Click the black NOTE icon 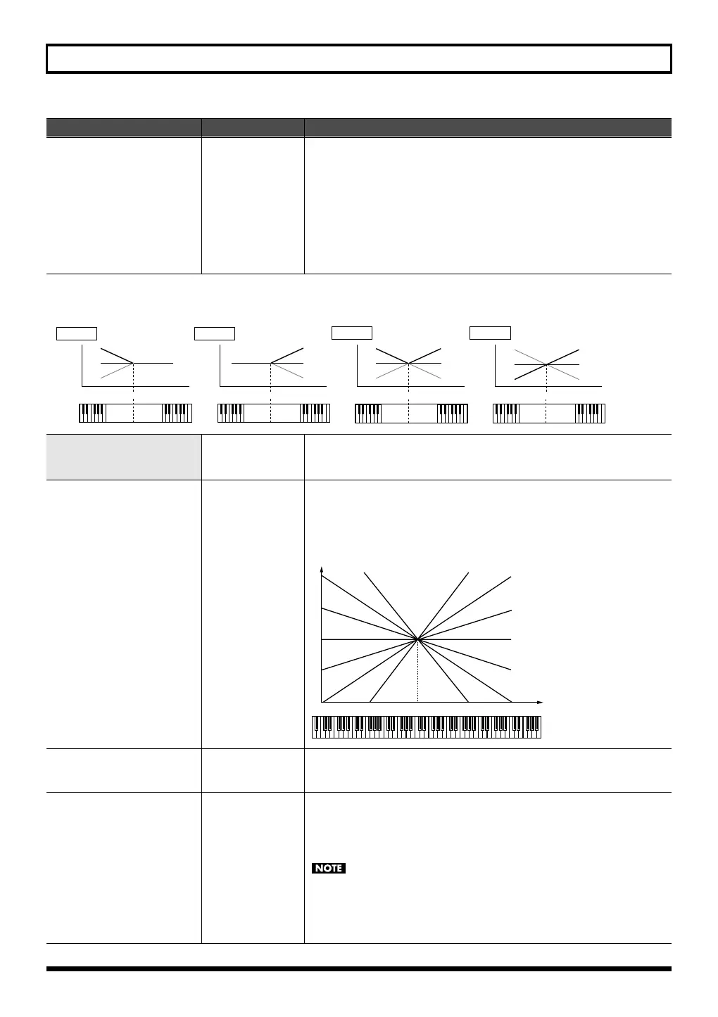(x=329, y=869)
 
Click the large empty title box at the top (x=359, y=59)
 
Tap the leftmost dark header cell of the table (x=123, y=127)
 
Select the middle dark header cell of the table (x=253, y=127)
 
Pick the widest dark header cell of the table (x=488, y=127)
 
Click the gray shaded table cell (x=123, y=457)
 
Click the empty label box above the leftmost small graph (x=77, y=333)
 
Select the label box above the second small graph (x=215, y=333)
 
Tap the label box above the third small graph (x=352, y=333)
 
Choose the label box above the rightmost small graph (x=490, y=333)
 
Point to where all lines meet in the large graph (x=418, y=639)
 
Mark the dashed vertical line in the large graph (x=418, y=672)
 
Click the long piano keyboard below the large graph (x=427, y=727)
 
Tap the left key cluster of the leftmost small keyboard (x=92, y=413)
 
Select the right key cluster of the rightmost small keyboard (x=590, y=413)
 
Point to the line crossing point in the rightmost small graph (x=547, y=364)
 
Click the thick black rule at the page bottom (x=359, y=969)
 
